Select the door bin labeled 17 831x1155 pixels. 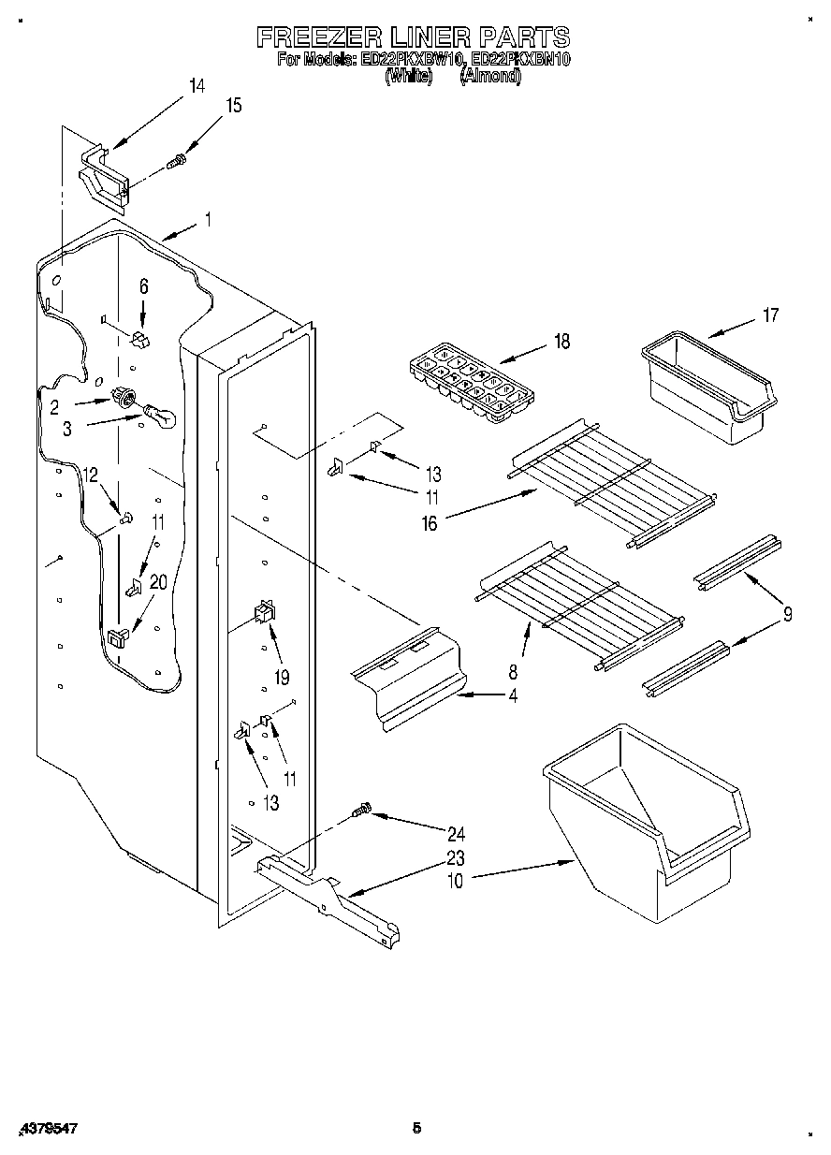[x=707, y=390]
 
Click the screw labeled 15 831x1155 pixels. [x=175, y=163]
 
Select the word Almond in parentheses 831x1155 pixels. [x=490, y=77]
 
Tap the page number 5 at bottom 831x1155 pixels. [x=415, y=1128]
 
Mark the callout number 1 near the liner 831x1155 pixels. [x=207, y=221]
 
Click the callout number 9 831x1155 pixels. [x=787, y=615]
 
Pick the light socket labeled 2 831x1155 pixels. [x=121, y=396]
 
